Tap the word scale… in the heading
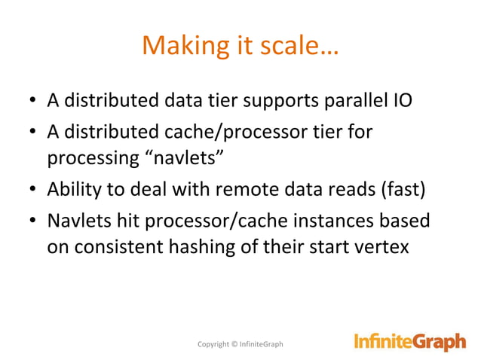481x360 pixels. pyautogui.click(x=299, y=47)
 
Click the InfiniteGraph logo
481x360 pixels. pyautogui.click(x=410, y=343)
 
